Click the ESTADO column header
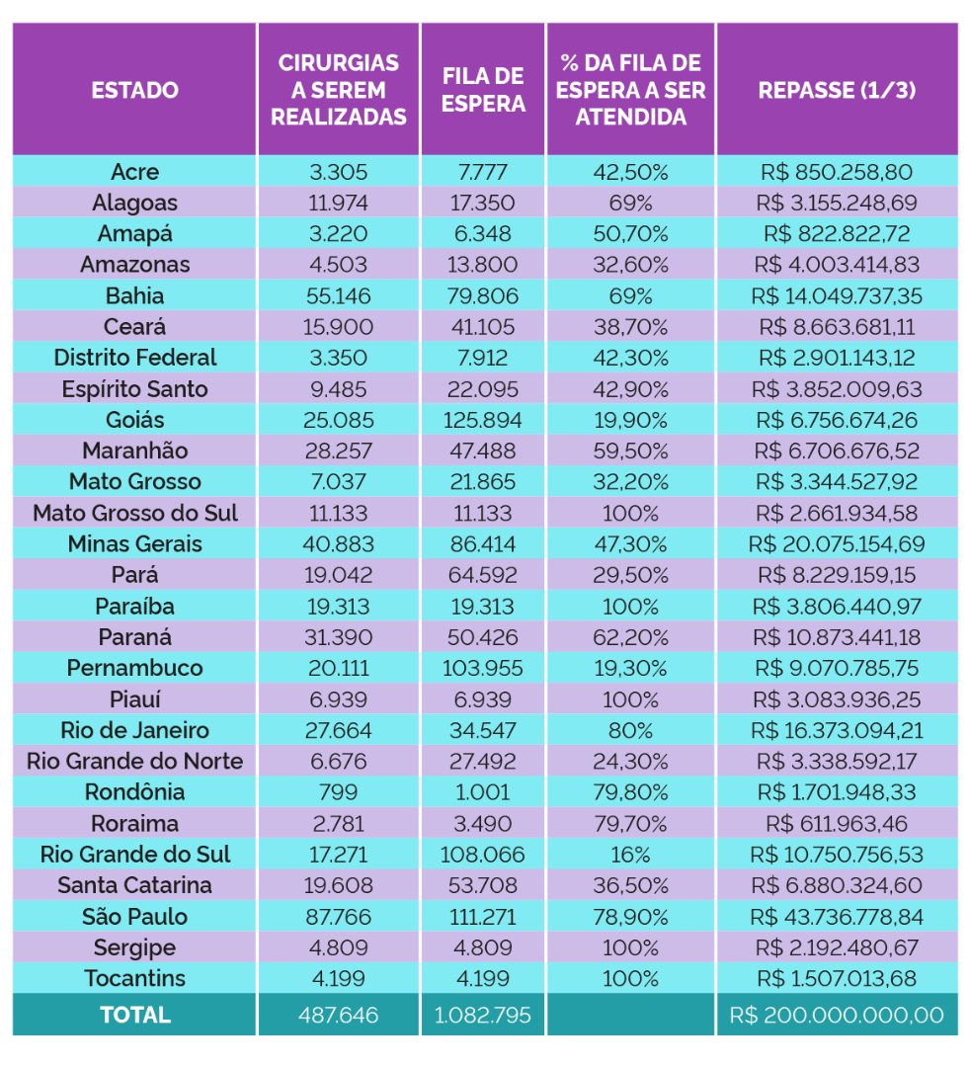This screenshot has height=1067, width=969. tap(134, 90)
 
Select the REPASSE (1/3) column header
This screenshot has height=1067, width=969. tap(837, 90)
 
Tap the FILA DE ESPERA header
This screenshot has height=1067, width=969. tap(483, 90)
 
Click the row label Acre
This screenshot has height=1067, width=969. tap(134, 172)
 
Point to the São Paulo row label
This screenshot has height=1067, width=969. tap(134, 917)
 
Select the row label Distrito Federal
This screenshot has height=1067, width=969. tap(134, 358)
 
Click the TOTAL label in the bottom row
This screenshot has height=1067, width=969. tap(134, 1015)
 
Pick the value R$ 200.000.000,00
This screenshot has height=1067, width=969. tap(837, 1015)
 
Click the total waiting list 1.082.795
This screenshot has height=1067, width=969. tap(483, 1015)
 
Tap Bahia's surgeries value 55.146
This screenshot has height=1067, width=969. tap(338, 295)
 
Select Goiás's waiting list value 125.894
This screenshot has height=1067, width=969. tap(483, 420)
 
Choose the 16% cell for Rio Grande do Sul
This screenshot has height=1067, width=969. tap(630, 855)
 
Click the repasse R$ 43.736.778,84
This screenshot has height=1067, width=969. tap(837, 917)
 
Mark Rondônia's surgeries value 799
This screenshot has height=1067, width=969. tap(338, 792)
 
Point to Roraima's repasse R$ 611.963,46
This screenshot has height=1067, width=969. tap(837, 824)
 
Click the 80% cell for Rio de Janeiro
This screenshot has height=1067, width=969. tap(630, 731)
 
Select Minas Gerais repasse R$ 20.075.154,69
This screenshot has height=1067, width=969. tap(837, 544)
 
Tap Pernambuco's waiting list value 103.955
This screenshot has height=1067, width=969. tap(483, 669)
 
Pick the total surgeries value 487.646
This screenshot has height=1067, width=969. tap(338, 1015)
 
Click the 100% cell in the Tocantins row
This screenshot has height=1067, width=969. tap(630, 979)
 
